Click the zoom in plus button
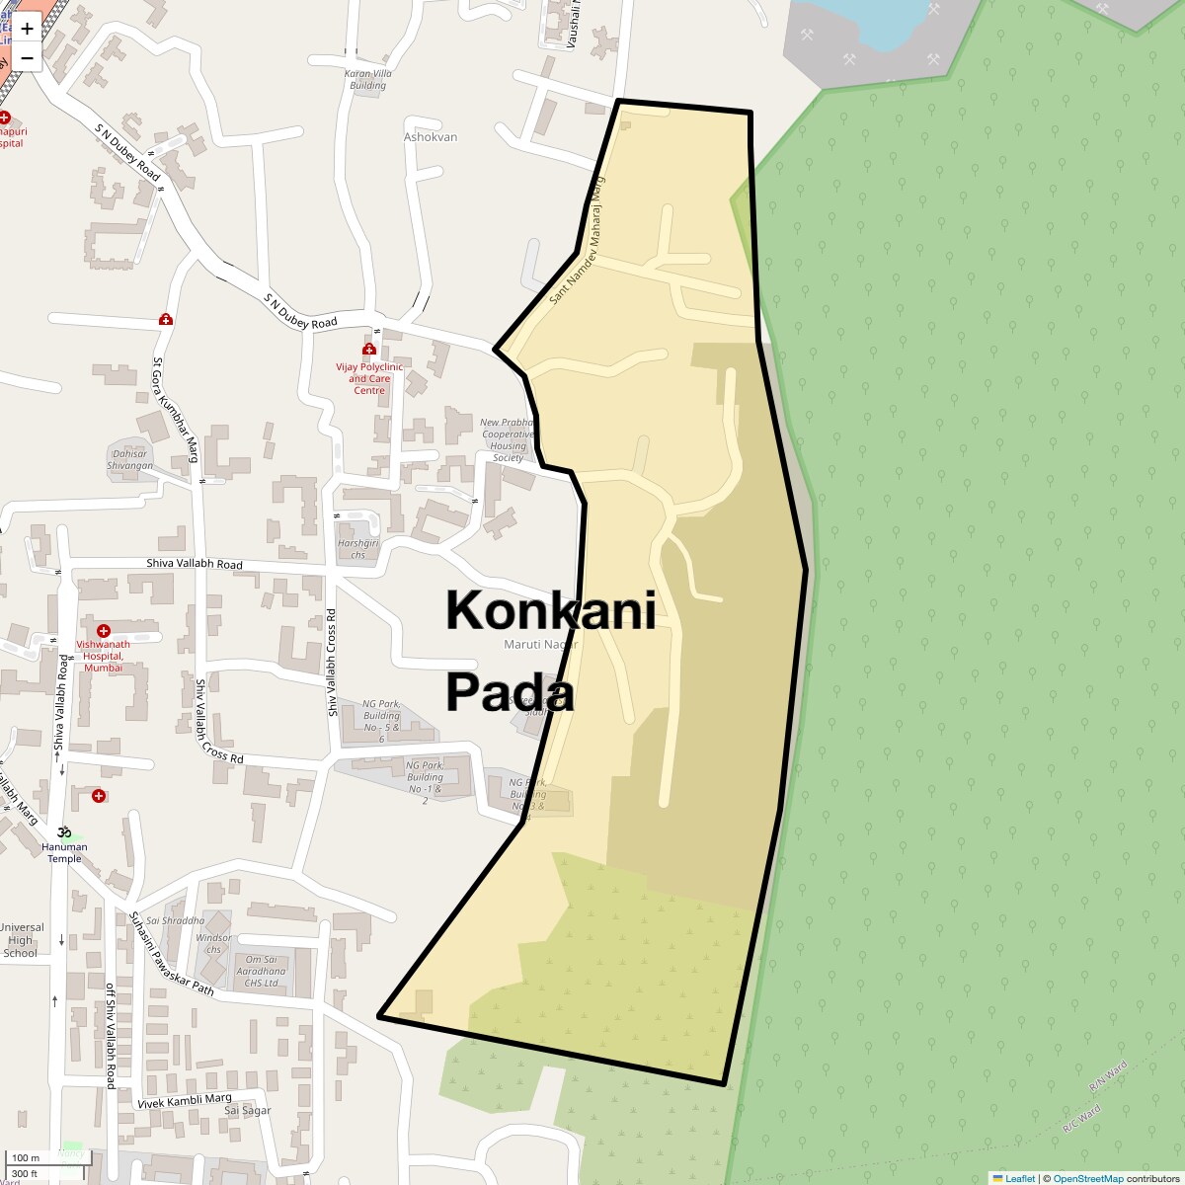click(27, 29)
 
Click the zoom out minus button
click(27, 57)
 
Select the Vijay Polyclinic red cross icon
click(369, 349)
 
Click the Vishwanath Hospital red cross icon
click(104, 630)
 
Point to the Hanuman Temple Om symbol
click(65, 831)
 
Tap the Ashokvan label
click(431, 137)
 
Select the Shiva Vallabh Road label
click(195, 565)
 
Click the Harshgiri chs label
click(357, 549)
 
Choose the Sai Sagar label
click(247, 1110)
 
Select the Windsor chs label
click(213, 943)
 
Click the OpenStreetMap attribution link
click(1087, 1178)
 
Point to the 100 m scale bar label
click(26, 1157)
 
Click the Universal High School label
click(21, 940)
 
